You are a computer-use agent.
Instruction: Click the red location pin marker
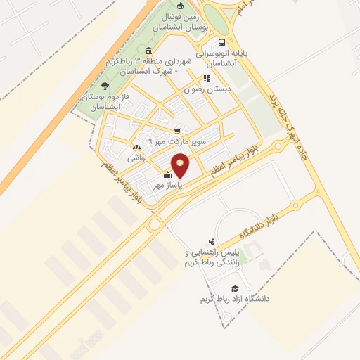point(181,166)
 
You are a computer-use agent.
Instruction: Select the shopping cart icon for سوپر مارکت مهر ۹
point(177,131)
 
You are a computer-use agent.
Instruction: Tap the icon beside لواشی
point(136,148)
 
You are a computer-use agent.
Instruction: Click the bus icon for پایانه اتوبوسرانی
point(222,41)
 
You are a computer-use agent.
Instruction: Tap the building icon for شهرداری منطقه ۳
point(148,51)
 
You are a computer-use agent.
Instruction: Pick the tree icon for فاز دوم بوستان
point(105,86)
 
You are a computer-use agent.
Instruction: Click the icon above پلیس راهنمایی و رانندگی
point(212,240)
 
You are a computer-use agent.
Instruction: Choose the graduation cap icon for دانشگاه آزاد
point(234,288)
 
